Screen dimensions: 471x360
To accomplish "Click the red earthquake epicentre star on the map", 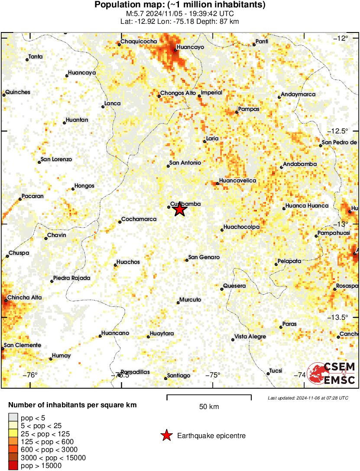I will point(180,210).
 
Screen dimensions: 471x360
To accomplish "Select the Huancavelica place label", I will point(238,180).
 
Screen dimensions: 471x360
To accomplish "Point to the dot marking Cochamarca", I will point(120,222).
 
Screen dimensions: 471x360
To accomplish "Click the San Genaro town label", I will point(204,257).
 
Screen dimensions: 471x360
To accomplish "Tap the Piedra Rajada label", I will point(71,278).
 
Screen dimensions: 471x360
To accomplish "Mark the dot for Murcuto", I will point(178,302).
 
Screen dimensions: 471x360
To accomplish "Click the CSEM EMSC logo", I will point(332,373).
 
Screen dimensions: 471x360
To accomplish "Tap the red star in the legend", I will point(166,435).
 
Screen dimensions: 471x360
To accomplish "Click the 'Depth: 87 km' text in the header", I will point(220,21).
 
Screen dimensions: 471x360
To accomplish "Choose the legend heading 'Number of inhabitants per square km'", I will point(73,405).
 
